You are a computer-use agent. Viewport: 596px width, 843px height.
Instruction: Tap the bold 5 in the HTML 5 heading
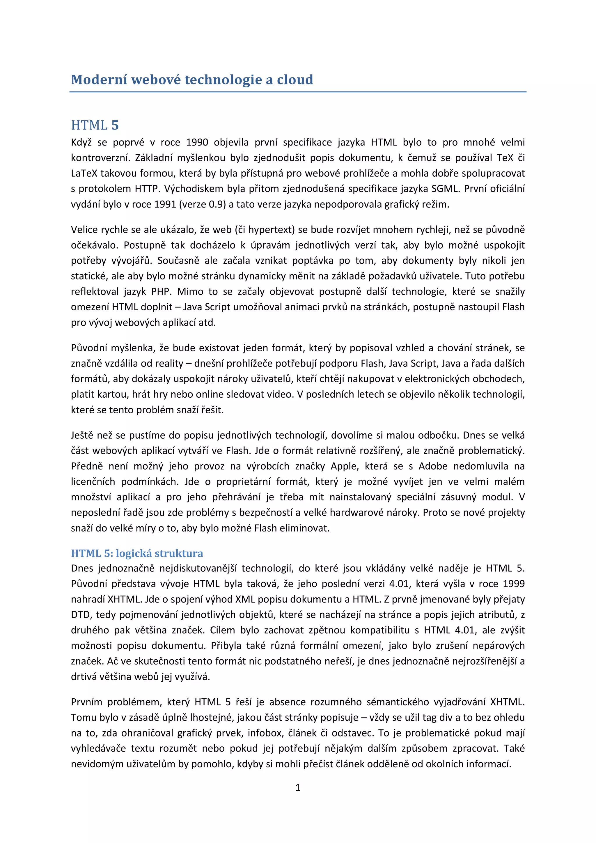click(115, 125)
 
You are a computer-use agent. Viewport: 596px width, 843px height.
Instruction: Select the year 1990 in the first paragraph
click(197, 142)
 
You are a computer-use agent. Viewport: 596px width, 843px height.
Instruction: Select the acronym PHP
click(161, 291)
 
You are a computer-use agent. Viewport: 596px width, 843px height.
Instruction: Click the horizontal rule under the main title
click(298, 92)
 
